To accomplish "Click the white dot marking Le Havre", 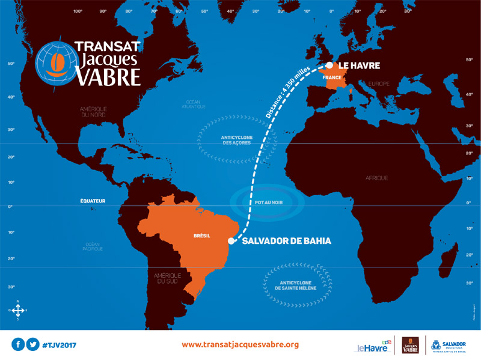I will click(329, 66).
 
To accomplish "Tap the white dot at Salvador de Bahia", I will click(231, 240).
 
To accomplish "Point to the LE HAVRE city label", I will click(360, 66).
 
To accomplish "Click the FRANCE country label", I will click(332, 78).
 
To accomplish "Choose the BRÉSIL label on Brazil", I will click(202, 236).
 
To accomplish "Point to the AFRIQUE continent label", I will click(377, 178).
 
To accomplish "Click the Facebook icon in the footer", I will click(18, 345).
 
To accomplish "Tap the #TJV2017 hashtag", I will click(59, 345).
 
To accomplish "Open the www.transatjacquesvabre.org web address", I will click(240, 345).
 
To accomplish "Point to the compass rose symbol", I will click(18, 310).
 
